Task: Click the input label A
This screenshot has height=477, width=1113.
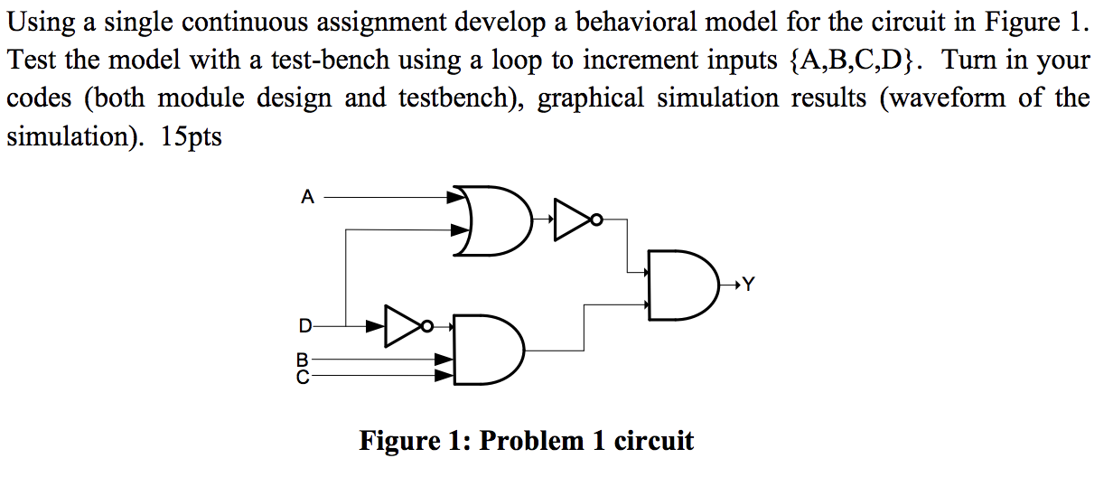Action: pyautogui.click(x=308, y=196)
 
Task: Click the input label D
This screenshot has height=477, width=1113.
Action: pyautogui.click(x=306, y=324)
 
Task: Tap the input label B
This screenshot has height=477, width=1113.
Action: pyautogui.click(x=302, y=359)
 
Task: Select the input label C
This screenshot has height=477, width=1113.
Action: pyautogui.click(x=302, y=374)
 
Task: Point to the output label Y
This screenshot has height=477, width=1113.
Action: pyautogui.click(x=746, y=286)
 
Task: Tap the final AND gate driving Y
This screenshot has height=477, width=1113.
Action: pyautogui.click(x=682, y=287)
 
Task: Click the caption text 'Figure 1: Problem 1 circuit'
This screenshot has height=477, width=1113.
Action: pyautogui.click(x=527, y=441)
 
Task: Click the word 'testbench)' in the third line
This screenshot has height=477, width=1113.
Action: pyautogui.click(x=462, y=98)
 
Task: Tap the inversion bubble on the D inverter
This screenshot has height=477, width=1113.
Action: pyautogui.click(x=428, y=325)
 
